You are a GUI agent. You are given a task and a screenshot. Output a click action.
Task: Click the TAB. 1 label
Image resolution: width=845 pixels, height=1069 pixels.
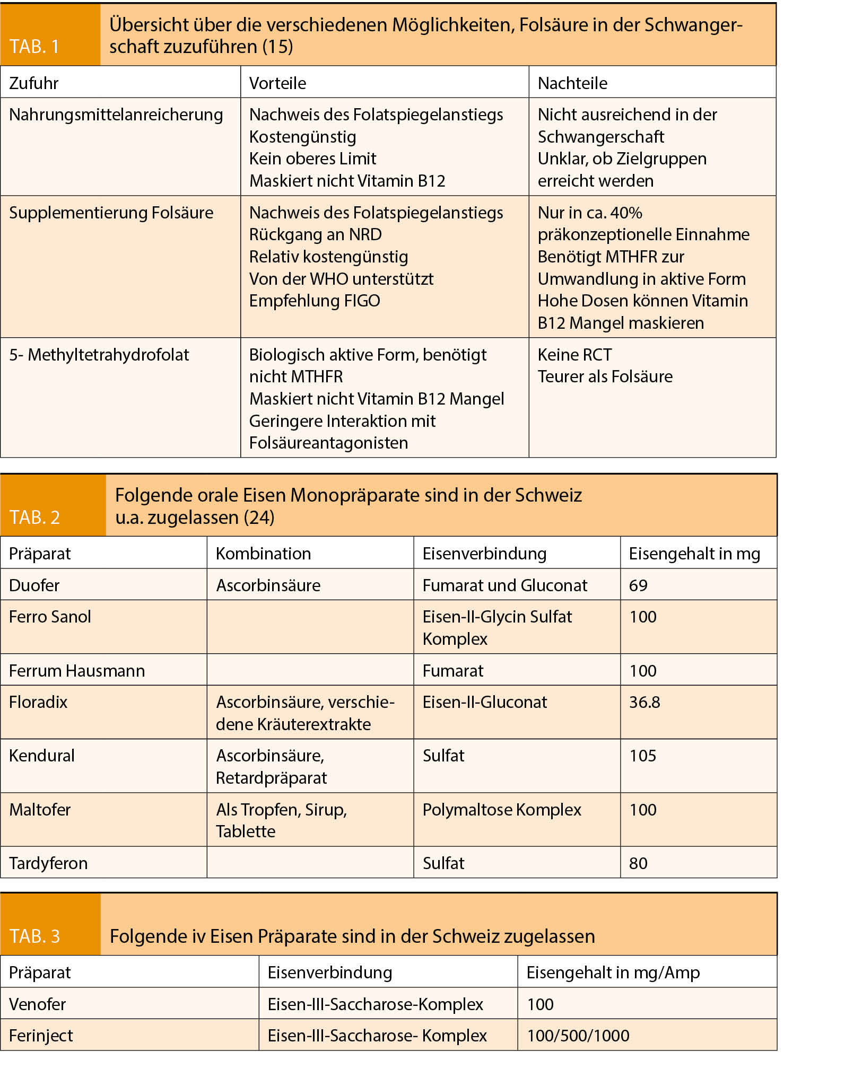click(34, 47)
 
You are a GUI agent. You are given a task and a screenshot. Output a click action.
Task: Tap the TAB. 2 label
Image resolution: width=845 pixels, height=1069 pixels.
click(34, 517)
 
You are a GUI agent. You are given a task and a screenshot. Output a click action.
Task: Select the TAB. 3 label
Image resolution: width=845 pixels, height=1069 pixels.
click(34, 936)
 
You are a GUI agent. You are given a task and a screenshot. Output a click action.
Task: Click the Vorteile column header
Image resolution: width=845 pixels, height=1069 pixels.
click(277, 83)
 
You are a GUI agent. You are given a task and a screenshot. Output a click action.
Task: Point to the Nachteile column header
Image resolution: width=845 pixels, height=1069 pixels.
click(572, 83)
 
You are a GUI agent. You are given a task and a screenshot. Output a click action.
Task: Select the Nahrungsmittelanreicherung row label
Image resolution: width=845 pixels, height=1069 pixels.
click(116, 115)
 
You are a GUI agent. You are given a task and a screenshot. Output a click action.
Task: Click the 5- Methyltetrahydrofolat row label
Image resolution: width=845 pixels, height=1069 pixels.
click(99, 355)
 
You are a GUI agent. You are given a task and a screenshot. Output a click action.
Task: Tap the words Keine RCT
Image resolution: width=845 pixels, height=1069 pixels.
click(574, 355)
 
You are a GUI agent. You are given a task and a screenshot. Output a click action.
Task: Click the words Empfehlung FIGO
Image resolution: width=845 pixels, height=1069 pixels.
click(315, 301)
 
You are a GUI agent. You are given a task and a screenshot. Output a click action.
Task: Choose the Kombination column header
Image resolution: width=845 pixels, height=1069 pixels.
click(263, 554)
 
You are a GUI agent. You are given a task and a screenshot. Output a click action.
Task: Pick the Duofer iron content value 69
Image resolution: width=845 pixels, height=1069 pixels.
click(638, 585)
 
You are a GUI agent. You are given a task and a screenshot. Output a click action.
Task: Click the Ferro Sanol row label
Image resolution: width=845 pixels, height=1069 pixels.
click(50, 617)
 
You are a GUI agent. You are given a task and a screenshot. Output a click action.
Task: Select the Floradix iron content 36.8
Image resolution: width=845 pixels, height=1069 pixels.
click(644, 702)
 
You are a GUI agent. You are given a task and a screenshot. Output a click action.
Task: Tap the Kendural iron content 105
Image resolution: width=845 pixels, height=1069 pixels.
click(642, 756)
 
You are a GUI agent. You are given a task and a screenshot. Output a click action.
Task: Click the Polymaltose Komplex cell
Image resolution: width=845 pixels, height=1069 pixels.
click(502, 810)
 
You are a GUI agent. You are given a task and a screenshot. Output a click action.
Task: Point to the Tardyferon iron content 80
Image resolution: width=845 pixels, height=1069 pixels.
click(638, 863)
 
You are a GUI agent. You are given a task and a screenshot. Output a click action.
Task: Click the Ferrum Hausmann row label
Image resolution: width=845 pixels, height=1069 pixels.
click(77, 671)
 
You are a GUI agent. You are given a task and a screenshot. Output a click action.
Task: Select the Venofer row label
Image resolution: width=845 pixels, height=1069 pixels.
click(38, 1004)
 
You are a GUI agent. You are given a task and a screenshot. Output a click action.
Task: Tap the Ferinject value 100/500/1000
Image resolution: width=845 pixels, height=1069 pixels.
click(578, 1036)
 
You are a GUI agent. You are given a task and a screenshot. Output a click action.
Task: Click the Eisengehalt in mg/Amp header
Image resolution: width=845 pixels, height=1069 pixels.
click(613, 972)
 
